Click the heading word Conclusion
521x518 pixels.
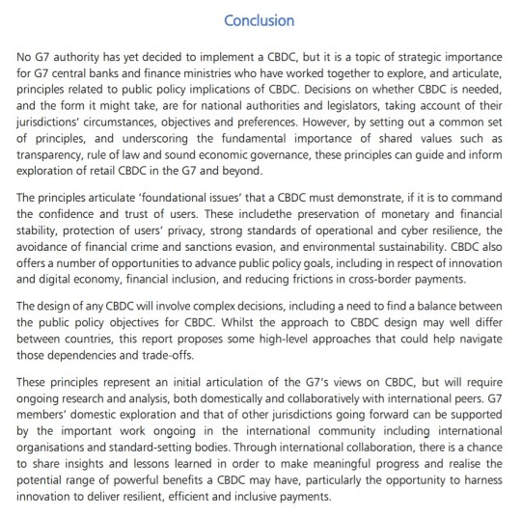(x=259, y=19)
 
